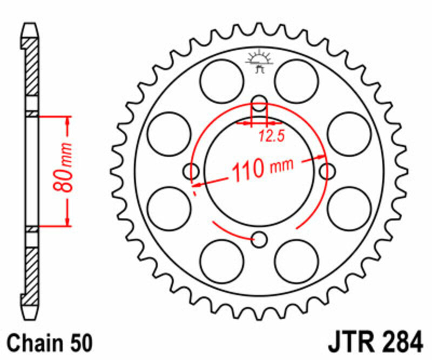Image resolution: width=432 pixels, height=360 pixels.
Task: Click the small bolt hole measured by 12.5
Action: pyautogui.click(x=260, y=104)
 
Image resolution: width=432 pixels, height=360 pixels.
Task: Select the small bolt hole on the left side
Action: pyautogui.click(x=191, y=172)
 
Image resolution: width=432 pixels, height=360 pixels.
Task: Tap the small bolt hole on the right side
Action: pyautogui.click(x=327, y=172)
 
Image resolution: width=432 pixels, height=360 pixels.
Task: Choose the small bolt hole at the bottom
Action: pyautogui.click(x=260, y=239)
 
